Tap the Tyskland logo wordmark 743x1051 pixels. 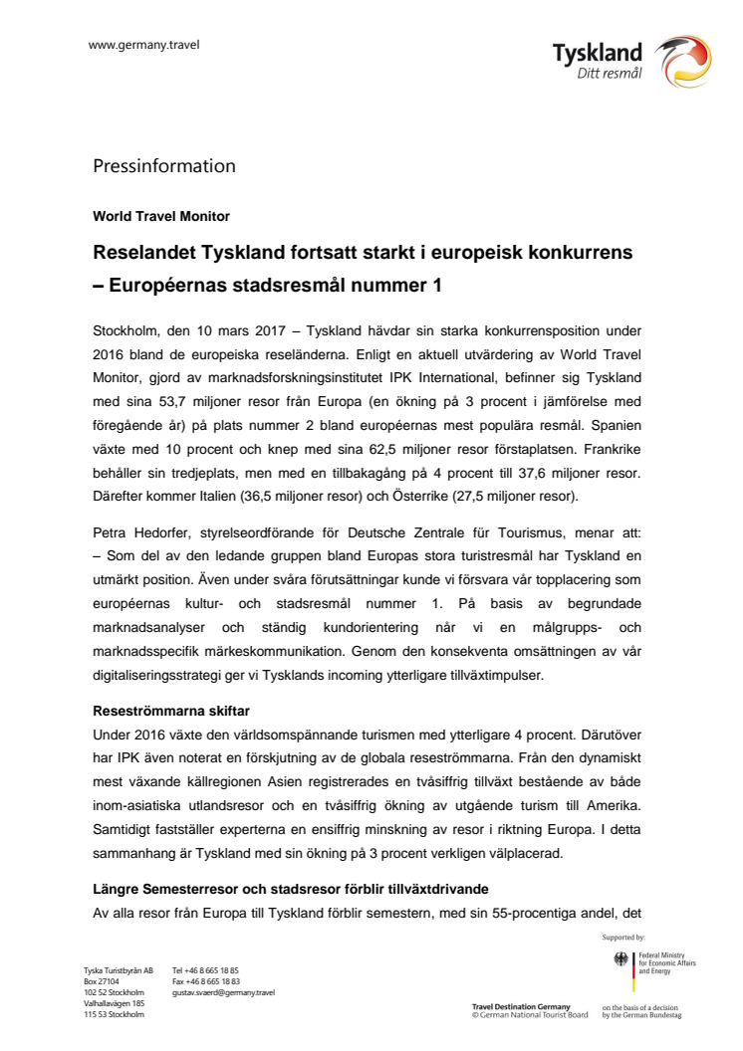click(598, 53)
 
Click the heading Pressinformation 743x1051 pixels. click(164, 165)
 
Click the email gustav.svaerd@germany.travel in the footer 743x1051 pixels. click(224, 992)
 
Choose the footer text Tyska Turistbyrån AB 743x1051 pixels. click(118, 970)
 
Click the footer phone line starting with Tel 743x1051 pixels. click(205, 970)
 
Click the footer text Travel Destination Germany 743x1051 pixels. click(521, 1007)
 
